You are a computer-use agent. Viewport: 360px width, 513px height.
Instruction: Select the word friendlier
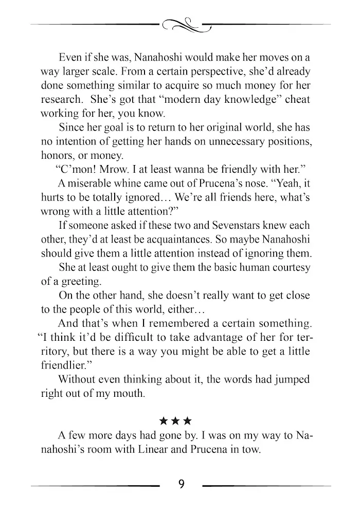(63, 366)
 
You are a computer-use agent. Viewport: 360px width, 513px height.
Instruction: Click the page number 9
(181, 484)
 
